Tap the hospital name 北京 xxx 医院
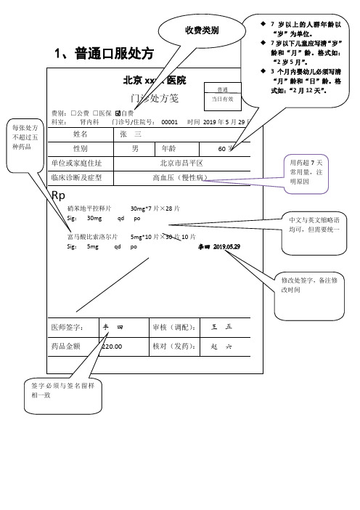pyautogui.click(x=155, y=80)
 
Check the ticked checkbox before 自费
pyautogui.click(x=118, y=113)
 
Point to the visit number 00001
pyautogui.click(x=169, y=123)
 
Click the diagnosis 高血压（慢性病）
pyautogui.click(x=181, y=177)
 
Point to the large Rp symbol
pyautogui.click(x=59, y=195)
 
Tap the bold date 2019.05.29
pyautogui.click(x=227, y=247)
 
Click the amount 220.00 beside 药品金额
pyautogui.click(x=112, y=347)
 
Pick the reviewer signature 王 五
pyautogui.click(x=220, y=328)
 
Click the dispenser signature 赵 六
pyautogui.click(x=220, y=347)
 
